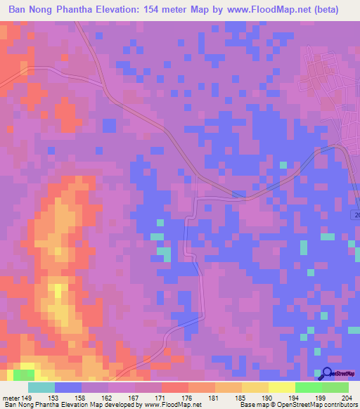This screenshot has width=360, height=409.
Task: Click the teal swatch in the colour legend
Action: point(41,387)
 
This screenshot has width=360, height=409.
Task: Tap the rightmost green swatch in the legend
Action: point(335,387)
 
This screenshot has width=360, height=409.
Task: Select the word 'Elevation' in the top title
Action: point(139,10)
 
